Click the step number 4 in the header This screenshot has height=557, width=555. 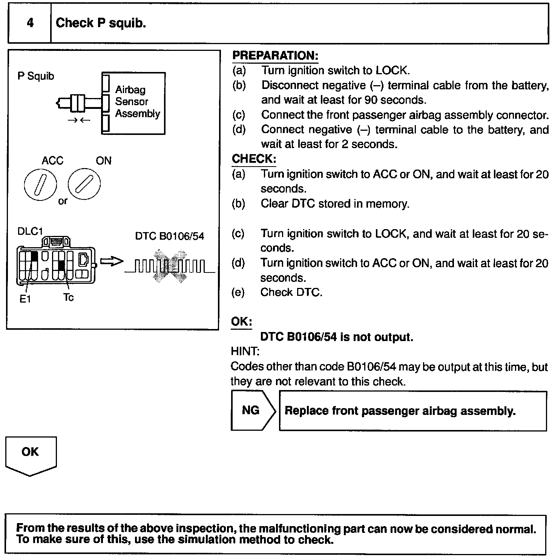click(x=30, y=23)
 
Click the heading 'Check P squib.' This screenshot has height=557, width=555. click(x=101, y=23)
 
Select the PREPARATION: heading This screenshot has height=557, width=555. click(x=275, y=55)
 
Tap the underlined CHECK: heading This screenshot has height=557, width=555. click(x=254, y=159)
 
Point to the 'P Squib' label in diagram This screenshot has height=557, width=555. click(x=36, y=76)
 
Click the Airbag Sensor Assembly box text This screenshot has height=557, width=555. click(x=137, y=102)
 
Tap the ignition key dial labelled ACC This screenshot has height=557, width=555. click(x=40, y=184)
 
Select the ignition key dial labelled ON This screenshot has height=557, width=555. click(x=84, y=184)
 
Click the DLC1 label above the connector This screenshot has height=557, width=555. click(x=30, y=231)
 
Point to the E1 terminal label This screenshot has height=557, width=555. click(x=25, y=299)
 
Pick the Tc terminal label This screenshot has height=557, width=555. click(x=68, y=297)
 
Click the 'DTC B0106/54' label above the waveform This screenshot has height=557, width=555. click(x=169, y=236)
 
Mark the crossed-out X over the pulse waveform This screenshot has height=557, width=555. click(x=169, y=266)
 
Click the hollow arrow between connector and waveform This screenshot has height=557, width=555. click(x=112, y=262)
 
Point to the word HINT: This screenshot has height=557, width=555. click(x=245, y=351)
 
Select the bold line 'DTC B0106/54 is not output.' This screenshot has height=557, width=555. click(x=337, y=337)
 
